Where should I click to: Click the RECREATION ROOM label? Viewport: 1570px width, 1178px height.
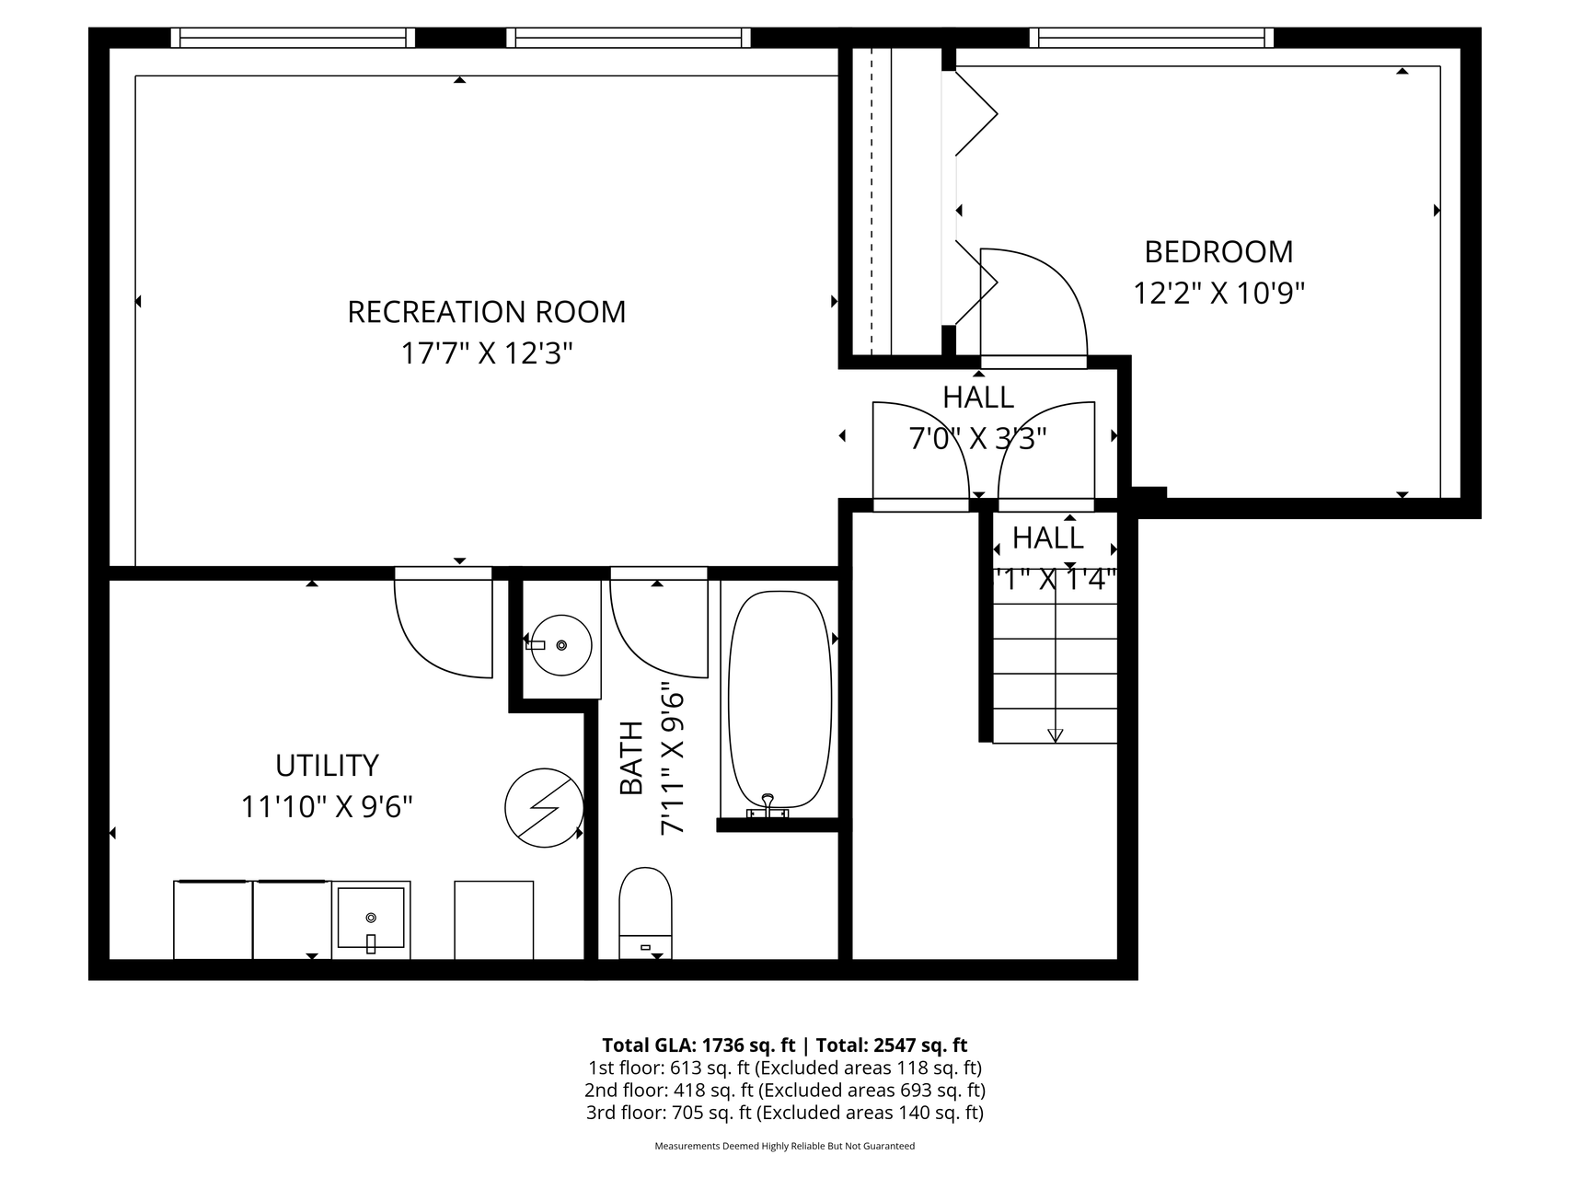486,312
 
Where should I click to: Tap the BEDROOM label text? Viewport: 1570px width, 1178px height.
1218,251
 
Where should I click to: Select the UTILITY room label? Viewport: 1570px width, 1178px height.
327,766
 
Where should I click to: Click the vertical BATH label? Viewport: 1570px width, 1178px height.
631,758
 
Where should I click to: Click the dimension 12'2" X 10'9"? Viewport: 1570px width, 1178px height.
1218,293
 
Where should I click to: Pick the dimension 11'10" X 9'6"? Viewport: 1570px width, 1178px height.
327,807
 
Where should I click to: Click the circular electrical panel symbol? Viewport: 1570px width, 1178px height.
544,807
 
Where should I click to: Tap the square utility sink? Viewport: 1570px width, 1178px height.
371,919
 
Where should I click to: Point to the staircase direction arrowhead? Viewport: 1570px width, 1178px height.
1055,734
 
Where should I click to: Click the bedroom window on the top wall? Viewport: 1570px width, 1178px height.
1151,38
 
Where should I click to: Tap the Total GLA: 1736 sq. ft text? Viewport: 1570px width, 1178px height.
698,1045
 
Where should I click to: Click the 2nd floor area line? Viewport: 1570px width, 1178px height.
785,1091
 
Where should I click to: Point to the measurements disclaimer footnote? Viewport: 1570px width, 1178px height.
785,1146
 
